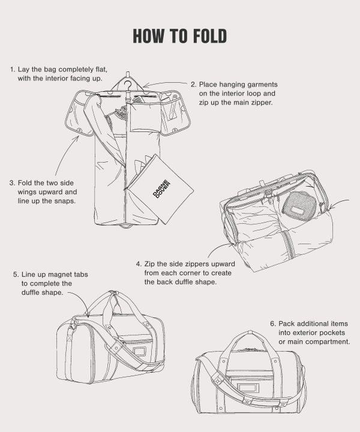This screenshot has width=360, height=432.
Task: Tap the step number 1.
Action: coord(12,70)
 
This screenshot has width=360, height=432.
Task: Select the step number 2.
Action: coord(193,85)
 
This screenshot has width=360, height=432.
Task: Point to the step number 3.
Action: coord(12,183)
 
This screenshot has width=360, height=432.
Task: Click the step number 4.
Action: coord(139,263)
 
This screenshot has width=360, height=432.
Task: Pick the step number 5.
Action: coord(16,274)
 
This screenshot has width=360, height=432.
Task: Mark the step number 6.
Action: coord(273,323)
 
